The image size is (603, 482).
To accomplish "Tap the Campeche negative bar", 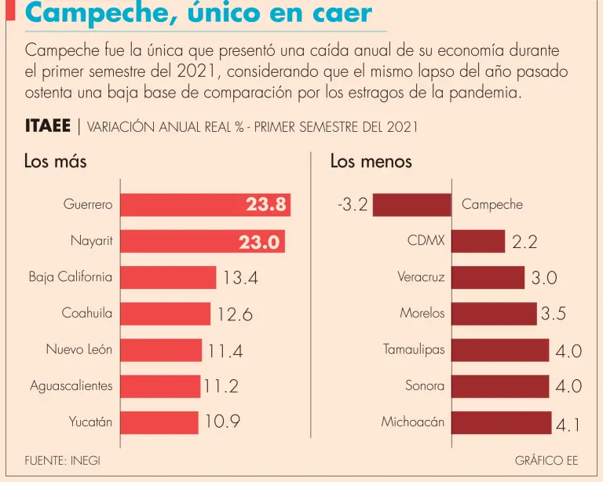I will tap(411, 205).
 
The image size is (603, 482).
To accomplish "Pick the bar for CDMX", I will tap(477, 241).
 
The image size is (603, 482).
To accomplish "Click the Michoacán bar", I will tap(501, 422).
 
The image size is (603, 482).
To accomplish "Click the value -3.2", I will tap(352, 206).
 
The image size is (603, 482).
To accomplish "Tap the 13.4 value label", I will tap(240, 278).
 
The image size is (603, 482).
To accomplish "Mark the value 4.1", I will tap(568, 425).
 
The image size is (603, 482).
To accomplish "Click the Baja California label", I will tap(71, 277).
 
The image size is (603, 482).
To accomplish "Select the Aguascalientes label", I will tap(71, 385).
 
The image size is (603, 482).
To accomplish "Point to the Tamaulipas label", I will tap(414, 349).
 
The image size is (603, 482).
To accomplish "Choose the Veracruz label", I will tap(421, 277).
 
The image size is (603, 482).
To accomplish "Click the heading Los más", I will tap(55, 162).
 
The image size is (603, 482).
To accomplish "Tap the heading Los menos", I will tap(371, 162).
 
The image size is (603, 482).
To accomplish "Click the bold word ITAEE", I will tap(47, 126).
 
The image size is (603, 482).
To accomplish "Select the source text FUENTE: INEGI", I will tap(62, 461).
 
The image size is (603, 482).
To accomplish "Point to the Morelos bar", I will tap(494, 313).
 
